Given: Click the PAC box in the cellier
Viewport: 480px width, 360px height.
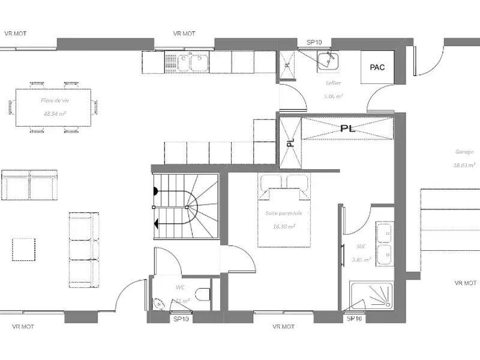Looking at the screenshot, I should point(377,67).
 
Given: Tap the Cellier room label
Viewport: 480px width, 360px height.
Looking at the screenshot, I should point(334,84).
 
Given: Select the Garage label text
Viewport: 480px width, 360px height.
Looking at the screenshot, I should point(463,152).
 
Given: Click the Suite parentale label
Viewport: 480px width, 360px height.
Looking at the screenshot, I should point(284,212).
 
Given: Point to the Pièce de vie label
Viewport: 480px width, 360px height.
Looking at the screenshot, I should point(55,101).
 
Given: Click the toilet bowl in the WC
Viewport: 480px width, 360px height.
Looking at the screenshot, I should point(205,294).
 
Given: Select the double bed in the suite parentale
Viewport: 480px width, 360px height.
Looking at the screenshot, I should point(284,210).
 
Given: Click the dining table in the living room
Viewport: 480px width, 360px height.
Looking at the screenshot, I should point(54,107).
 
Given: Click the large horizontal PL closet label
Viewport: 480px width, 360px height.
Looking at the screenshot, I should point(347,128).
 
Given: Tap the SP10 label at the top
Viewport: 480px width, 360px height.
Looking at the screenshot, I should point(315,42).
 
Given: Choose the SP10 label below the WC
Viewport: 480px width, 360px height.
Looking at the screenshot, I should point(181,319).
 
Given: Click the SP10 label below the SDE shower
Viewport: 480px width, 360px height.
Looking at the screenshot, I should point(355,319).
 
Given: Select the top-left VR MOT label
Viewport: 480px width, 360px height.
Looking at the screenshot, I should point(16,34).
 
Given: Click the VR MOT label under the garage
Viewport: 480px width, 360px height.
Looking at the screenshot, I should point(466,283).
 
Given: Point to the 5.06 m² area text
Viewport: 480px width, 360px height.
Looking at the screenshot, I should point(334,96).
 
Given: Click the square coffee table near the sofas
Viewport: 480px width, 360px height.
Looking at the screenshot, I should point(24,249).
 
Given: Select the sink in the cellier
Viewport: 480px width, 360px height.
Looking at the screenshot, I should point(328,61).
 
